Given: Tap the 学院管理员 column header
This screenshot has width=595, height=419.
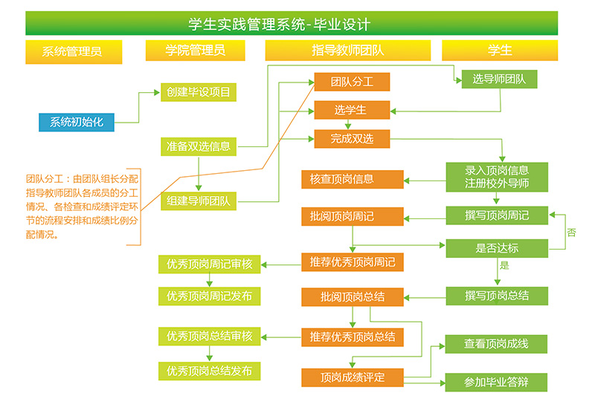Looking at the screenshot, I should (x=195, y=51).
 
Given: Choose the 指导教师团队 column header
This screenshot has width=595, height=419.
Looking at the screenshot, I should (x=347, y=51).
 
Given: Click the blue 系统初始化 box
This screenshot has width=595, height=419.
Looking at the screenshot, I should (x=77, y=123).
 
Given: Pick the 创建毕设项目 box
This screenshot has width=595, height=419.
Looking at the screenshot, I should (x=198, y=92).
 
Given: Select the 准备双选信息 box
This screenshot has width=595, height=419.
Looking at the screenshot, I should (x=199, y=146).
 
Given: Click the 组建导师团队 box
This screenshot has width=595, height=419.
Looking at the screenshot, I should (x=199, y=201).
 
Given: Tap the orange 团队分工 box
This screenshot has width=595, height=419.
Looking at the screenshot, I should (x=352, y=82).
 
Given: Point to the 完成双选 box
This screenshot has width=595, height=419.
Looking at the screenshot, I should (x=352, y=138).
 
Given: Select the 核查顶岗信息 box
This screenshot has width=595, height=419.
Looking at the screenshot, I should (x=352, y=179).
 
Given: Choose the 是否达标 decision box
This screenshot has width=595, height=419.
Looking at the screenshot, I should (x=497, y=248).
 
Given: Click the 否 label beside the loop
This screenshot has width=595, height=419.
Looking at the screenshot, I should (x=571, y=233).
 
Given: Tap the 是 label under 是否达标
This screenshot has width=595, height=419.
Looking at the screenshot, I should (x=504, y=265).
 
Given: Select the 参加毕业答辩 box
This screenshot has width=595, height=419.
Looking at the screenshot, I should (x=496, y=383).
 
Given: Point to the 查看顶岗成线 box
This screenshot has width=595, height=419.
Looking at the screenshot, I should (x=496, y=344).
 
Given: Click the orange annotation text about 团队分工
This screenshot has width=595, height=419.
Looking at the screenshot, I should (x=82, y=207).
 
